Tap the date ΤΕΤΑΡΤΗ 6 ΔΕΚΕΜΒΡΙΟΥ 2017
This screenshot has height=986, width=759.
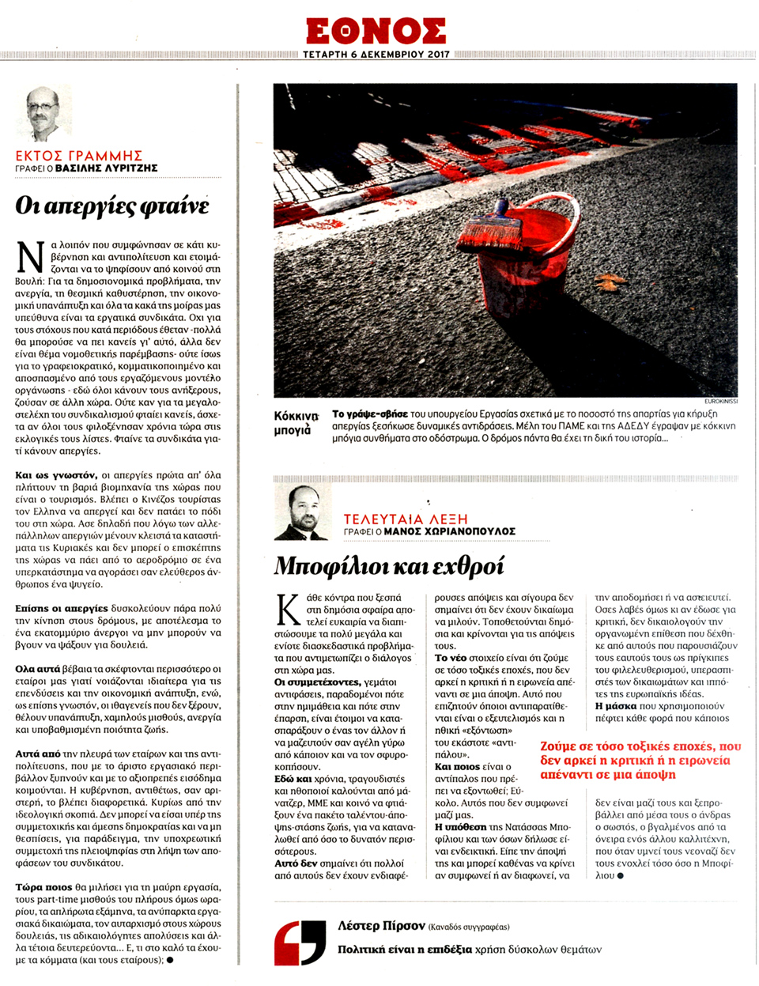coord(376,55)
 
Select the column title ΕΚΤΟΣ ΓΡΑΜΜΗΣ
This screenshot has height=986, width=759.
coord(79,156)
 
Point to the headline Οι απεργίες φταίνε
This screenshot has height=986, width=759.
coord(112,206)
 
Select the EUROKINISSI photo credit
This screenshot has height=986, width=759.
coord(720,401)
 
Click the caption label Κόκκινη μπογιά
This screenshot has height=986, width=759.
coord(296,423)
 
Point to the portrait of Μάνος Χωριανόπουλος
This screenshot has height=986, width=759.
coord(301,512)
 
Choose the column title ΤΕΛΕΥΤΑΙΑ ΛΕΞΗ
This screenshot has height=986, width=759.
coord(406,519)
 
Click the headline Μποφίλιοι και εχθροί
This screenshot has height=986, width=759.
coord(388,566)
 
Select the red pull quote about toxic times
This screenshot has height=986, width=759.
coord(640,760)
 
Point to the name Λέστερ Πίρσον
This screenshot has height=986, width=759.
coord(379,925)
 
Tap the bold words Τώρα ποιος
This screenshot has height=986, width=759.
coord(43,888)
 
